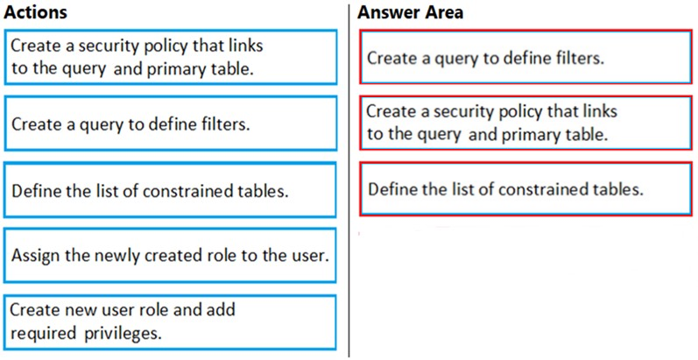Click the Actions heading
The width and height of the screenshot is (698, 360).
(35, 12)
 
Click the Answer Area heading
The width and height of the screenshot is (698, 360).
(410, 12)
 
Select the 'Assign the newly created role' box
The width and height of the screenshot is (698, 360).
(170, 256)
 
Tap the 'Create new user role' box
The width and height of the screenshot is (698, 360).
(170, 322)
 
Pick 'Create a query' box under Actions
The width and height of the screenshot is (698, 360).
(170, 124)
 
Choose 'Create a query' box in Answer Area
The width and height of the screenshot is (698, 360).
(525, 57)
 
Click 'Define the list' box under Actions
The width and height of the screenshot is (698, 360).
(170, 190)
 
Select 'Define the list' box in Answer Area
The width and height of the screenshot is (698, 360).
(525, 189)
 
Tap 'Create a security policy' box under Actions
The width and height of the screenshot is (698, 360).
(170, 57)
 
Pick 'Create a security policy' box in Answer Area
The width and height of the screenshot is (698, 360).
(525, 123)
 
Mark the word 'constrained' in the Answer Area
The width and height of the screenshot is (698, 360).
(545, 189)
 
